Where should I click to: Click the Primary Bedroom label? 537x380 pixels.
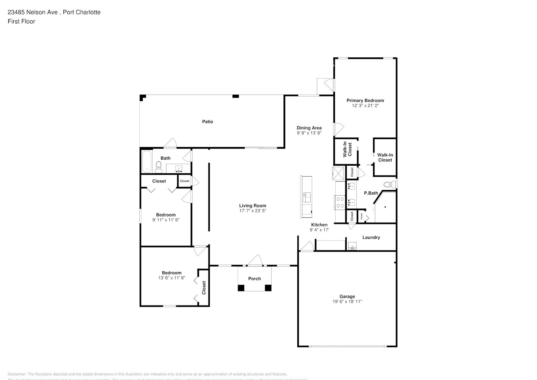365,100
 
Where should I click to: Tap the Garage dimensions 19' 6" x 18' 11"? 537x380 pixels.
347,302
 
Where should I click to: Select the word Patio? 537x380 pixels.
207,122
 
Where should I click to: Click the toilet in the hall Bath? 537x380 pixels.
158,166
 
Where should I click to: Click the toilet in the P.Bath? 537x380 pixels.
389,185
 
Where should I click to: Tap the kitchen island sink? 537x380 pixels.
306,198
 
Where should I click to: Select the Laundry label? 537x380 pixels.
371,237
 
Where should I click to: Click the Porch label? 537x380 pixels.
254,279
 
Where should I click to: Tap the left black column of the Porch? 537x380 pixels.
241,288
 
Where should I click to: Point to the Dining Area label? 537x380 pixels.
309,128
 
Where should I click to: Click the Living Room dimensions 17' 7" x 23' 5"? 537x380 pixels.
253,211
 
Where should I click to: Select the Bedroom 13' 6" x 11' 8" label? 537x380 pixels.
172,273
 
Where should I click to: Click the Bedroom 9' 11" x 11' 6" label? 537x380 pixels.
166,215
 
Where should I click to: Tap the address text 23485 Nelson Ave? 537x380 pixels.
33,12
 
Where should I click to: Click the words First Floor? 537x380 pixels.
21,21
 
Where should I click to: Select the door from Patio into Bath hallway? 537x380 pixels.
170,143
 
